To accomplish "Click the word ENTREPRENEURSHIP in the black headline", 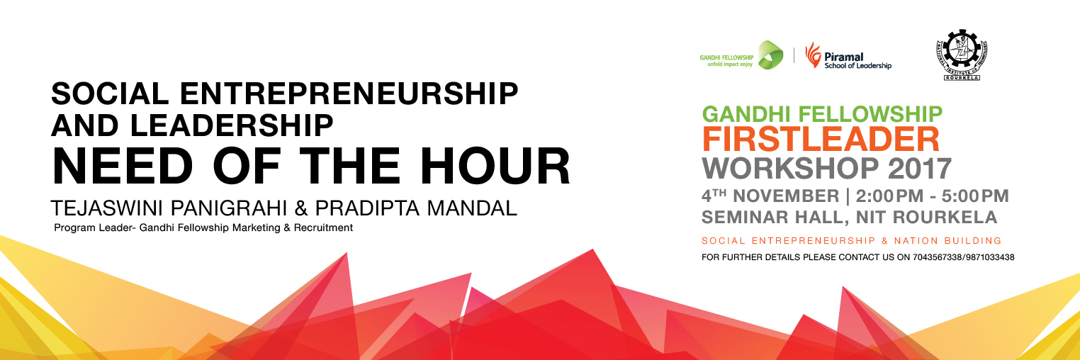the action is click(x=349, y=94).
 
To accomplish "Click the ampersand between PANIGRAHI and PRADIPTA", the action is click(x=301, y=208).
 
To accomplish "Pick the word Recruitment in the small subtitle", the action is click(x=323, y=227).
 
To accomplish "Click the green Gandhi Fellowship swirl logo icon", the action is click(x=770, y=55).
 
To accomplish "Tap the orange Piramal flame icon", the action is click(x=813, y=55).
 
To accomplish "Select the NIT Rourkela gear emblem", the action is click(x=962, y=55).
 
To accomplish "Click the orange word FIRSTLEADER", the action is click(x=821, y=140).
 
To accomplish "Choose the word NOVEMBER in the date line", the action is click(x=786, y=196).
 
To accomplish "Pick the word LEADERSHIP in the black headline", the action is click(x=232, y=125).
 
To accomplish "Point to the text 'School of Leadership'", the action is click(x=857, y=65).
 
